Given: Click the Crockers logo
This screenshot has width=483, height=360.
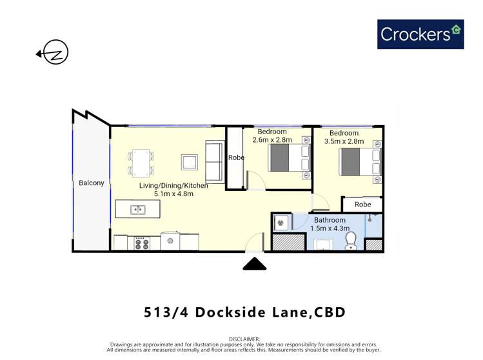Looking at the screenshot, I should coord(420,34).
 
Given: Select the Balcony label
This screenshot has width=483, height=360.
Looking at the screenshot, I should coord(91,183).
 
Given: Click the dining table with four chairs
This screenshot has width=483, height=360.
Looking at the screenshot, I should coord(141,163).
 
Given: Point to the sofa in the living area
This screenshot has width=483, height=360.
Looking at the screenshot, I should coord(214,161).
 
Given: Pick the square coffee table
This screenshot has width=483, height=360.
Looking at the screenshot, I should coord(189,162).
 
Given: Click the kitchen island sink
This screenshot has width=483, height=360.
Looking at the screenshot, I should coord(137,210).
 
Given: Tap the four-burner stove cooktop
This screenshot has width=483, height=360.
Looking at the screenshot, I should coord(141,244).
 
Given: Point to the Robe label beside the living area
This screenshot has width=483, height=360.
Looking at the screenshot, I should coord(236,157).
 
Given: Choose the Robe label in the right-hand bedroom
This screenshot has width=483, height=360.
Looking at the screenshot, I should coord(363,205).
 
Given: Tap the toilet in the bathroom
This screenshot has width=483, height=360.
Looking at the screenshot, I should coord(351,241).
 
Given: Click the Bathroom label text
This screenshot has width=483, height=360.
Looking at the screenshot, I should coord(330,220).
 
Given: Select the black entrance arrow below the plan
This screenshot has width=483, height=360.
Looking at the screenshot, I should coord(255,263).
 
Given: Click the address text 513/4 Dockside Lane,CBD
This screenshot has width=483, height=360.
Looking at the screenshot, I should coord(244,312).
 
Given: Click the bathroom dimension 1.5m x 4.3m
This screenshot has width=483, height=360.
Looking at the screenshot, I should coord(330,228).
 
